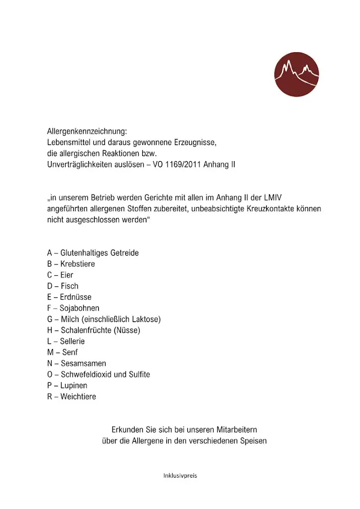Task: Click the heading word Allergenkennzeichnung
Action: click(x=87, y=132)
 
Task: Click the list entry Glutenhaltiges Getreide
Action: click(x=99, y=253)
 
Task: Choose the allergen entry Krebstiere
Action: click(x=78, y=264)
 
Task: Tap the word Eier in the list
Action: click(x=67, y=275)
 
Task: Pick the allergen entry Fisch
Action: click(x=70, y=286)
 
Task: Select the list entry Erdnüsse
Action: click(x=76, y=297)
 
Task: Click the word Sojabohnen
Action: click(x=80, y=308)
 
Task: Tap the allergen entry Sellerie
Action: click(x=73, y=341)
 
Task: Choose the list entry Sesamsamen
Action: click(x=83, y=363)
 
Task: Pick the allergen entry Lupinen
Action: click(x=74, y=386)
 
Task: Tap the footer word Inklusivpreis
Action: click(x=180, y=476)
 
